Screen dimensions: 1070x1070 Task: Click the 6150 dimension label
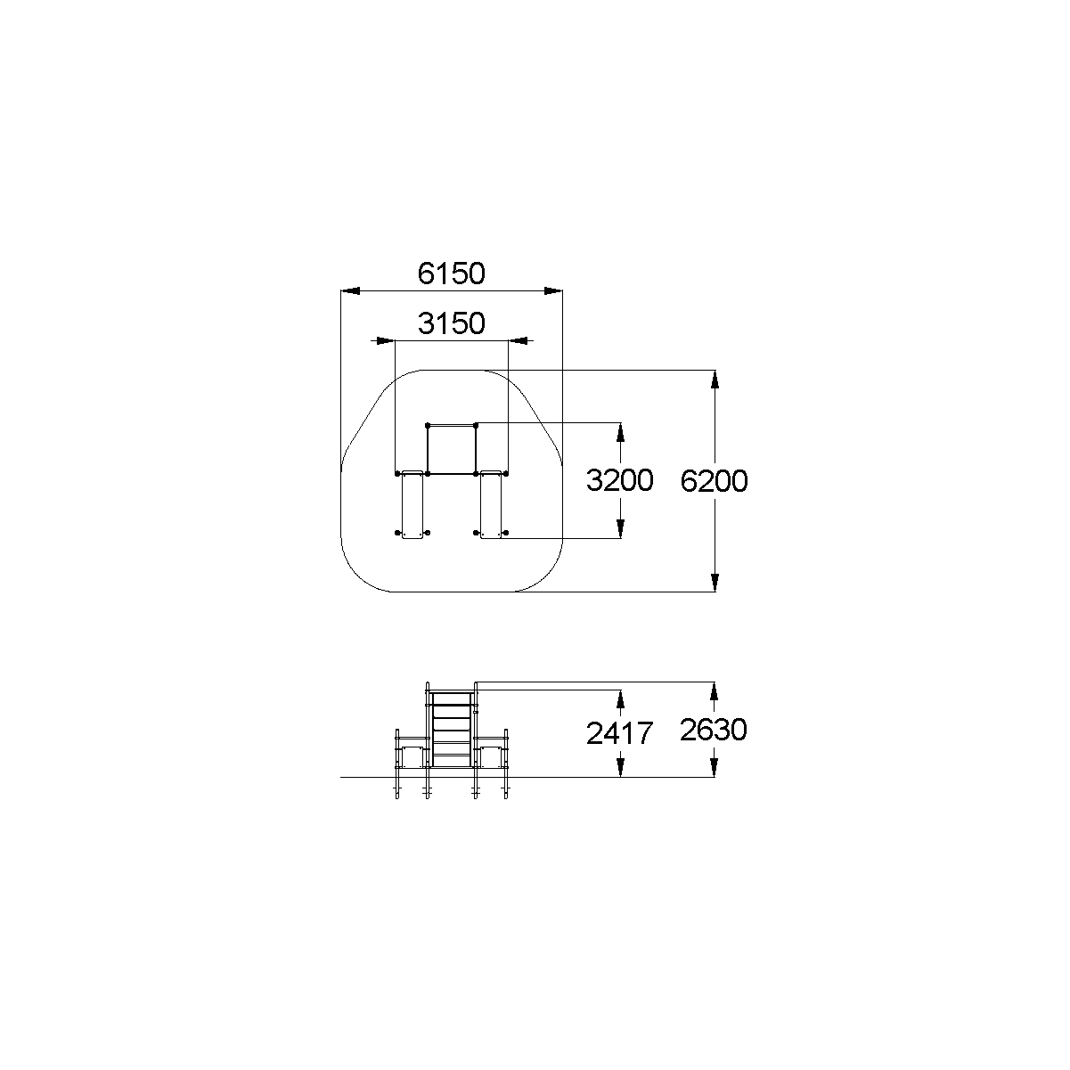[451, 274]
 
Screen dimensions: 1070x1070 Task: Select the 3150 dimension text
[451, 323]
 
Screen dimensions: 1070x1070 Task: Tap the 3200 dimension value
[620, 480]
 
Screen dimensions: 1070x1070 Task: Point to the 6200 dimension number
[714, 481]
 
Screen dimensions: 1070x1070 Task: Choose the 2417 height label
[620, 733]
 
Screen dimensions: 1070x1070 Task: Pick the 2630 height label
[714, 730]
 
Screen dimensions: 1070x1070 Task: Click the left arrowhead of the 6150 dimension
[350, 290]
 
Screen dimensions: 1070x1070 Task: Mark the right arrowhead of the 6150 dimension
[553, 290]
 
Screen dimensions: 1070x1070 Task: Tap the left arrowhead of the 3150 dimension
[386, 340]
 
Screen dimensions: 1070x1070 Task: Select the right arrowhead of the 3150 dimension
[518, 340]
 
